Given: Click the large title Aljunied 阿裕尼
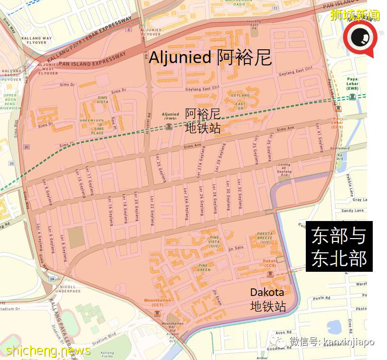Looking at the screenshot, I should (x=210, y=58).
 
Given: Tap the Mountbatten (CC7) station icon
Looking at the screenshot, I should (x=157, y=314).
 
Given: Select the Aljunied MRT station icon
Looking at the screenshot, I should (x=169, y=127).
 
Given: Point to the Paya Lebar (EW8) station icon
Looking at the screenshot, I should (x=352, y=97).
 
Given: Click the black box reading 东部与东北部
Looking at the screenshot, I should (x=339, y=247).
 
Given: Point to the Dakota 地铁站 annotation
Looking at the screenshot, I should (x=267, y=299).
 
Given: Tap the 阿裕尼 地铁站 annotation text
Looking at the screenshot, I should (x=203, y=120).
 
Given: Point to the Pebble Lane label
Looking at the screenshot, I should (x=351, y=185).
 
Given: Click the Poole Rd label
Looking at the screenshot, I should (x=321, y=298).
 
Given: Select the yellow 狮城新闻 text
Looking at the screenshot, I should (x=355, y=15).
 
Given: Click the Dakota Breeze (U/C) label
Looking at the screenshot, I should (x=264, y=238).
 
